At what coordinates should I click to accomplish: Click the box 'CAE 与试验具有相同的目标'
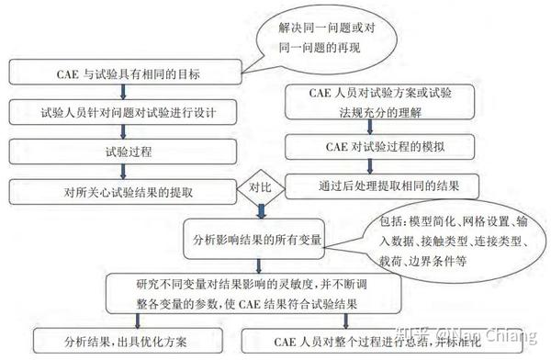coord(129,71)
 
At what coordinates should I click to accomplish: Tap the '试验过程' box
coord(129,151)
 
